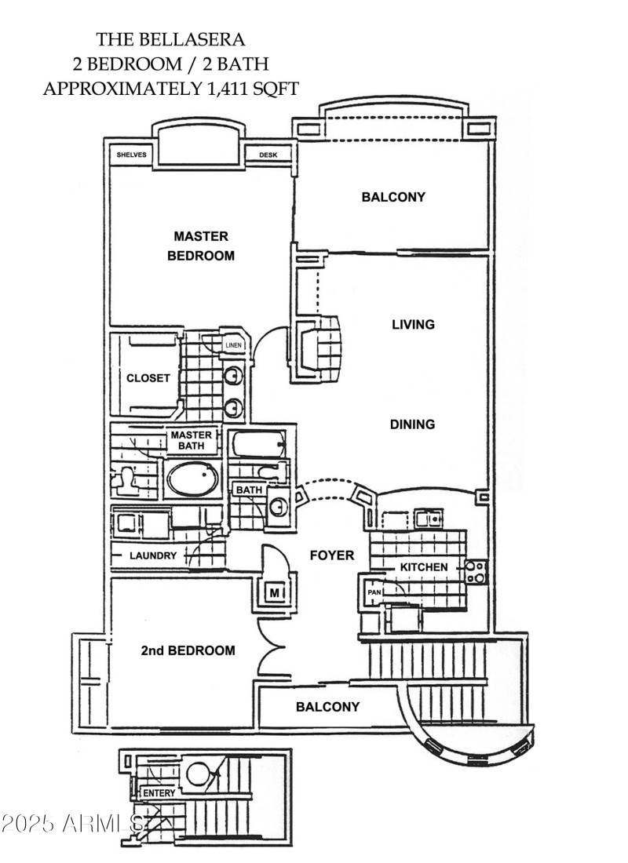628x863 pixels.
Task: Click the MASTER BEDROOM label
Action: coord(201,246)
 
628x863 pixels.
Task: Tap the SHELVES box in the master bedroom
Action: coord(132,155)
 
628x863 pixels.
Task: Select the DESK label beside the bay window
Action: coord(268,155)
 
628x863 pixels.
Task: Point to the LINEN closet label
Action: coord(233,345)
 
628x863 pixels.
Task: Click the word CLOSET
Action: coord(148,378)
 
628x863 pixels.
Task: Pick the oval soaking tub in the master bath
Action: coord(192,478)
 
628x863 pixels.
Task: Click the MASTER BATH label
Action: coord(188,440)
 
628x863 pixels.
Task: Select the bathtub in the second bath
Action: coord(257,446)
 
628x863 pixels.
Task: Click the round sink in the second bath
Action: coord(278,506)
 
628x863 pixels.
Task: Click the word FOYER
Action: coord(332,555)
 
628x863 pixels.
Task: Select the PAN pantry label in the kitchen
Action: coord(373,592)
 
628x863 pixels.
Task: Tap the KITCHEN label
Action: coord(424,567)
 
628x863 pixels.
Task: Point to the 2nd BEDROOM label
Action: coord(188,650)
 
